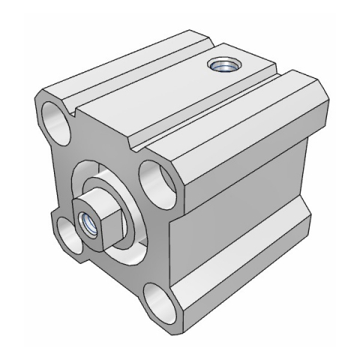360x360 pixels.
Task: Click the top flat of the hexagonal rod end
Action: pos(92,201)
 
